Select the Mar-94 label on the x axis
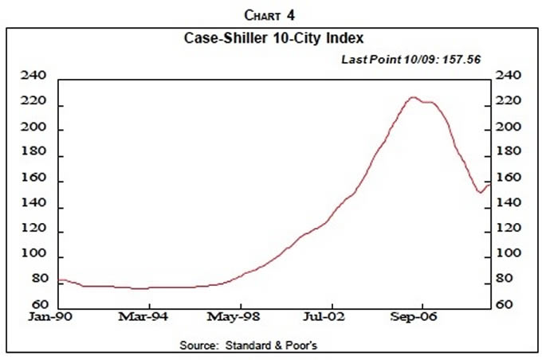coord(144,317)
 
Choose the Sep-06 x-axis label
coord(419,317)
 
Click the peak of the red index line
coord(412,97)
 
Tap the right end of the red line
coord(488,184)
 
